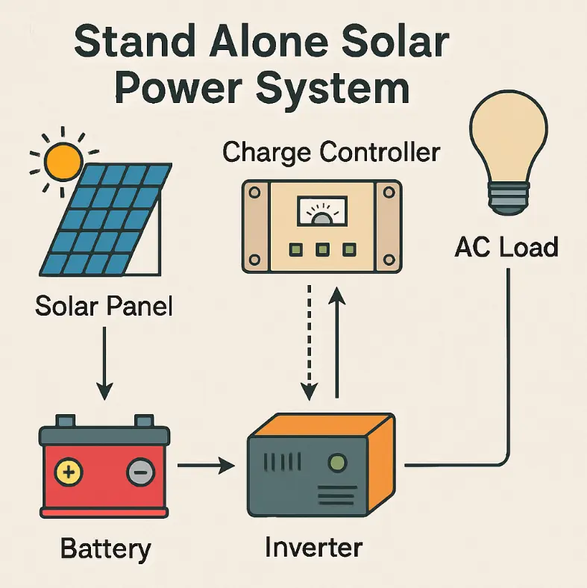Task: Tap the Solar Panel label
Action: (104, 306)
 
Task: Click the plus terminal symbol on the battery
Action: (69, 472)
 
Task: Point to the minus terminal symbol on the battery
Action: (139, 472)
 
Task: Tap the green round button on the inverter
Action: (338, 463)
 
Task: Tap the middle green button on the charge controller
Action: (322, 249)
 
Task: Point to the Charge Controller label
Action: (331, 152)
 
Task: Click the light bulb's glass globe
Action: (508, 142)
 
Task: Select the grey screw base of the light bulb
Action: (508, 198)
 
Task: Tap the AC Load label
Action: (506, 246)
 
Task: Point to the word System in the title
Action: (332, 89)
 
